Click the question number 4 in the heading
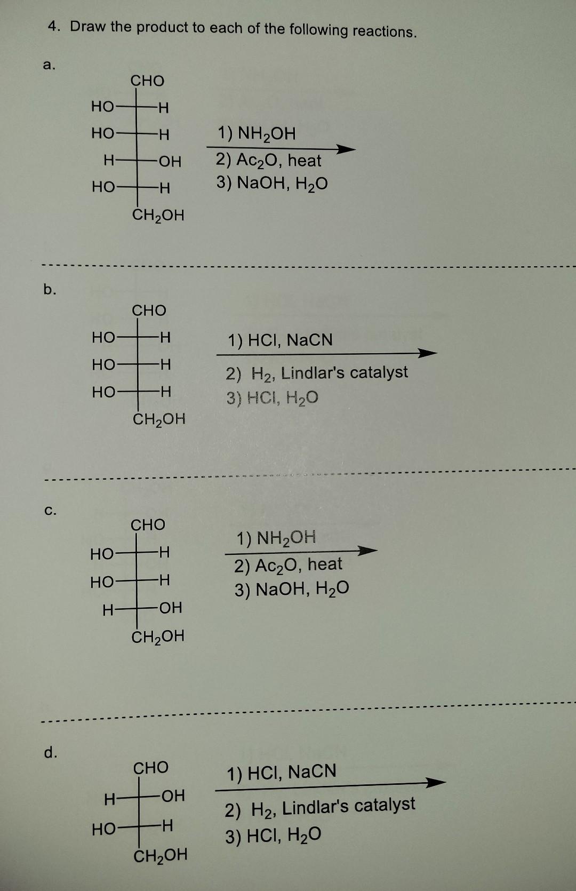pos(53,26)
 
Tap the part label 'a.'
pos(49,65)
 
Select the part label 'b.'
pos(49,290)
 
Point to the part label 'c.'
pos(49,510)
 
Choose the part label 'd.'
pos(51,752)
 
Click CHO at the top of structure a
pos(148,81)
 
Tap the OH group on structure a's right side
pos(170,161)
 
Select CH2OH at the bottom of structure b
pos(159,419)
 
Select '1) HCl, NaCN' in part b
pos(280,340)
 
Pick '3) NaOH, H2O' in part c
pos(292,589)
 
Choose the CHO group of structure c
pos(148,525)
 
